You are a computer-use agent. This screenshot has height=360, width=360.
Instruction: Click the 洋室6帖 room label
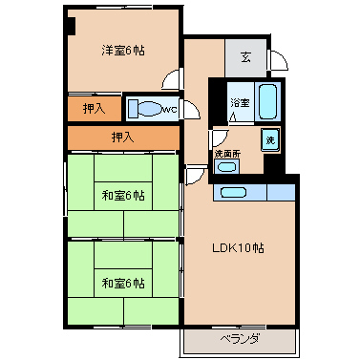pos(123,51)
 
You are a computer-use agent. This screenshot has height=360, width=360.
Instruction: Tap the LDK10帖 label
pos(238,248)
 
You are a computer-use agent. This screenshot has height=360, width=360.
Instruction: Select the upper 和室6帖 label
pos(123,196)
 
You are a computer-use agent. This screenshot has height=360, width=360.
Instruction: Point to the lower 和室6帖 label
pos(123,283)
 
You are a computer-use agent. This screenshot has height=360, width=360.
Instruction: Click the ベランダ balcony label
pos(240,339)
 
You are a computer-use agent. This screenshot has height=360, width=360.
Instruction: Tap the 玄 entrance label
pos(245,57)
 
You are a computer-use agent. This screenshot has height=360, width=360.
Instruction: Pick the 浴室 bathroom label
pos(240,103)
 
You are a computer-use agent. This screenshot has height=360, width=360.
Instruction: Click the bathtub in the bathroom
pos(267,101)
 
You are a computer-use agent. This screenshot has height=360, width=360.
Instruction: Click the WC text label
pos(170,110)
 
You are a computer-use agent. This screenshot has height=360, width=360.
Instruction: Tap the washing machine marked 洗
pos(270,139)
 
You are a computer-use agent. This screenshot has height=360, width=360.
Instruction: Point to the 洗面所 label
pos(227,154)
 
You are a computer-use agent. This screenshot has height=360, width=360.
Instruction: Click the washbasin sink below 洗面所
pos(226,166)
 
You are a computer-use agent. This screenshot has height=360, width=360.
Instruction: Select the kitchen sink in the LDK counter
pos(234,192)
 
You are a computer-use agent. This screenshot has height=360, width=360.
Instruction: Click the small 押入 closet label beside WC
pos(94,109)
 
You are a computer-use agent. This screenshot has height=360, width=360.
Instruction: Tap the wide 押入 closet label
pos(122,138)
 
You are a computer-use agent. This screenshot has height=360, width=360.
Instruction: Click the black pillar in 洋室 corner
pos(71,26)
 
